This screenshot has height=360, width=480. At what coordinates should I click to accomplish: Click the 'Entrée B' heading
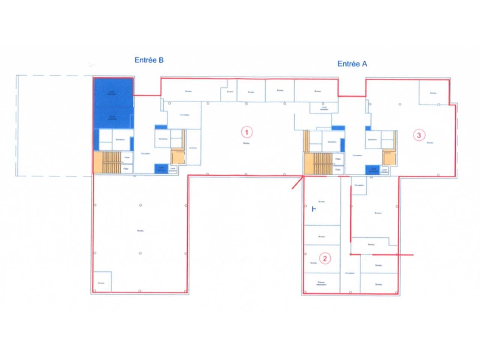(149, 60)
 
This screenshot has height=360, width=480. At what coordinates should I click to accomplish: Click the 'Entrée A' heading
(352, 64)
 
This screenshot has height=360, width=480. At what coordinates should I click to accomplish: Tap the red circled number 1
(246, 132)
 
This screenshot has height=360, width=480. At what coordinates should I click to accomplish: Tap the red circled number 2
(325, 258)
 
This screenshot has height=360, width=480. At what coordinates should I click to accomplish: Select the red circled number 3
(419, 135)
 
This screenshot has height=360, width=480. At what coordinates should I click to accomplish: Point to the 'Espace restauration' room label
(321, 283)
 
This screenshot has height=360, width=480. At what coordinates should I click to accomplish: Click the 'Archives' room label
(193, 147)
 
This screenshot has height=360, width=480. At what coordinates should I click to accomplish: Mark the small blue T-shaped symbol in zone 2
(314, 209)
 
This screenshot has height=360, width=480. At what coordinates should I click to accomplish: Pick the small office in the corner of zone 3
(434, 92)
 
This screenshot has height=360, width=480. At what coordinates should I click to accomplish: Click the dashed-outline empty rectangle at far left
(54, 126)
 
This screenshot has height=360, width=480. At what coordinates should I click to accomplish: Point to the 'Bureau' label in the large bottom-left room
(140, 231)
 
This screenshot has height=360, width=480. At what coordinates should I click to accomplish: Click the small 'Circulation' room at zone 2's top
(359, 185)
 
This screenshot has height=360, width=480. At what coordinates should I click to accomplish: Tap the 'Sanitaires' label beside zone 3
(372, 139)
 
